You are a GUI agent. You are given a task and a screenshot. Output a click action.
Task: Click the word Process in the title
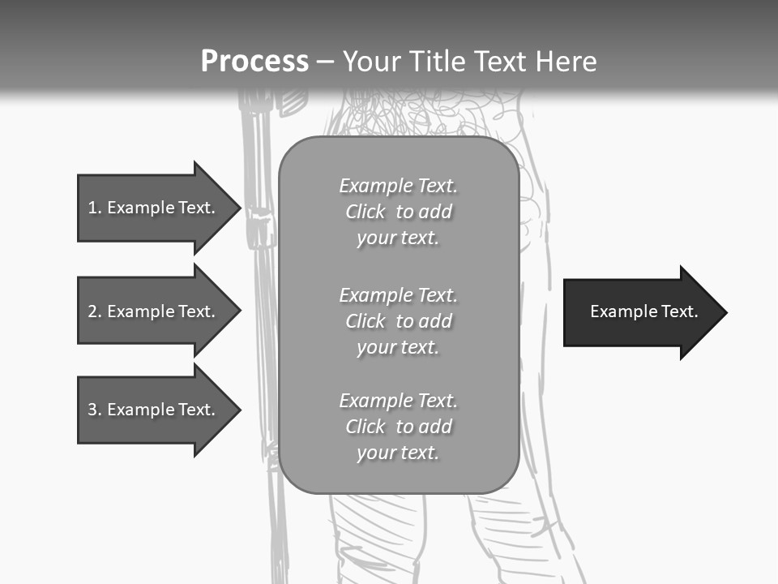coord(254,61)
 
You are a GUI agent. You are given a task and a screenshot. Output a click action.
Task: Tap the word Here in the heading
coord(566,61)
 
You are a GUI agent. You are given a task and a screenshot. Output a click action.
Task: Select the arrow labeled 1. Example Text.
coord(154,208)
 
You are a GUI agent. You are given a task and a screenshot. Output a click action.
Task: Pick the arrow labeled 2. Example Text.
coord(154,311)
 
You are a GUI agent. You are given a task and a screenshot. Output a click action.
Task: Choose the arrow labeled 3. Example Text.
coord(154,410)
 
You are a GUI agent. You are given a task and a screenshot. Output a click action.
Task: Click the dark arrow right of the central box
coord(640,312)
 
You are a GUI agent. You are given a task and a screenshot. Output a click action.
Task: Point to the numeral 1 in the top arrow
coord(92,208)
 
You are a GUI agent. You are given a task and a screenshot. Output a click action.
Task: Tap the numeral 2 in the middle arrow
coord(92,311)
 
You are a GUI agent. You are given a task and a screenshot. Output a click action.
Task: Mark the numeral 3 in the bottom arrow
coord(92,410)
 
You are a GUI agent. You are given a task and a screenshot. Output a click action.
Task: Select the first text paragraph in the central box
coord(398,212)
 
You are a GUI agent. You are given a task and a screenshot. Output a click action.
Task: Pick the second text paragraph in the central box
coord(398,321)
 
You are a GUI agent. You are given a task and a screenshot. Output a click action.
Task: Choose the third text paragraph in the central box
coord(398,427)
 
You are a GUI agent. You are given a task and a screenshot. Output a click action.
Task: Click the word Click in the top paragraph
coord(365,212)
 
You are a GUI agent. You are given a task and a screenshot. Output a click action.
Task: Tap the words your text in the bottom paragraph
coord(398,453)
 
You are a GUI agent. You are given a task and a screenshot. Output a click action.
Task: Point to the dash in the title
coord(325,62)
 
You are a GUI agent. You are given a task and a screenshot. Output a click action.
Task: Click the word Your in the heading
coord(373,61)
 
